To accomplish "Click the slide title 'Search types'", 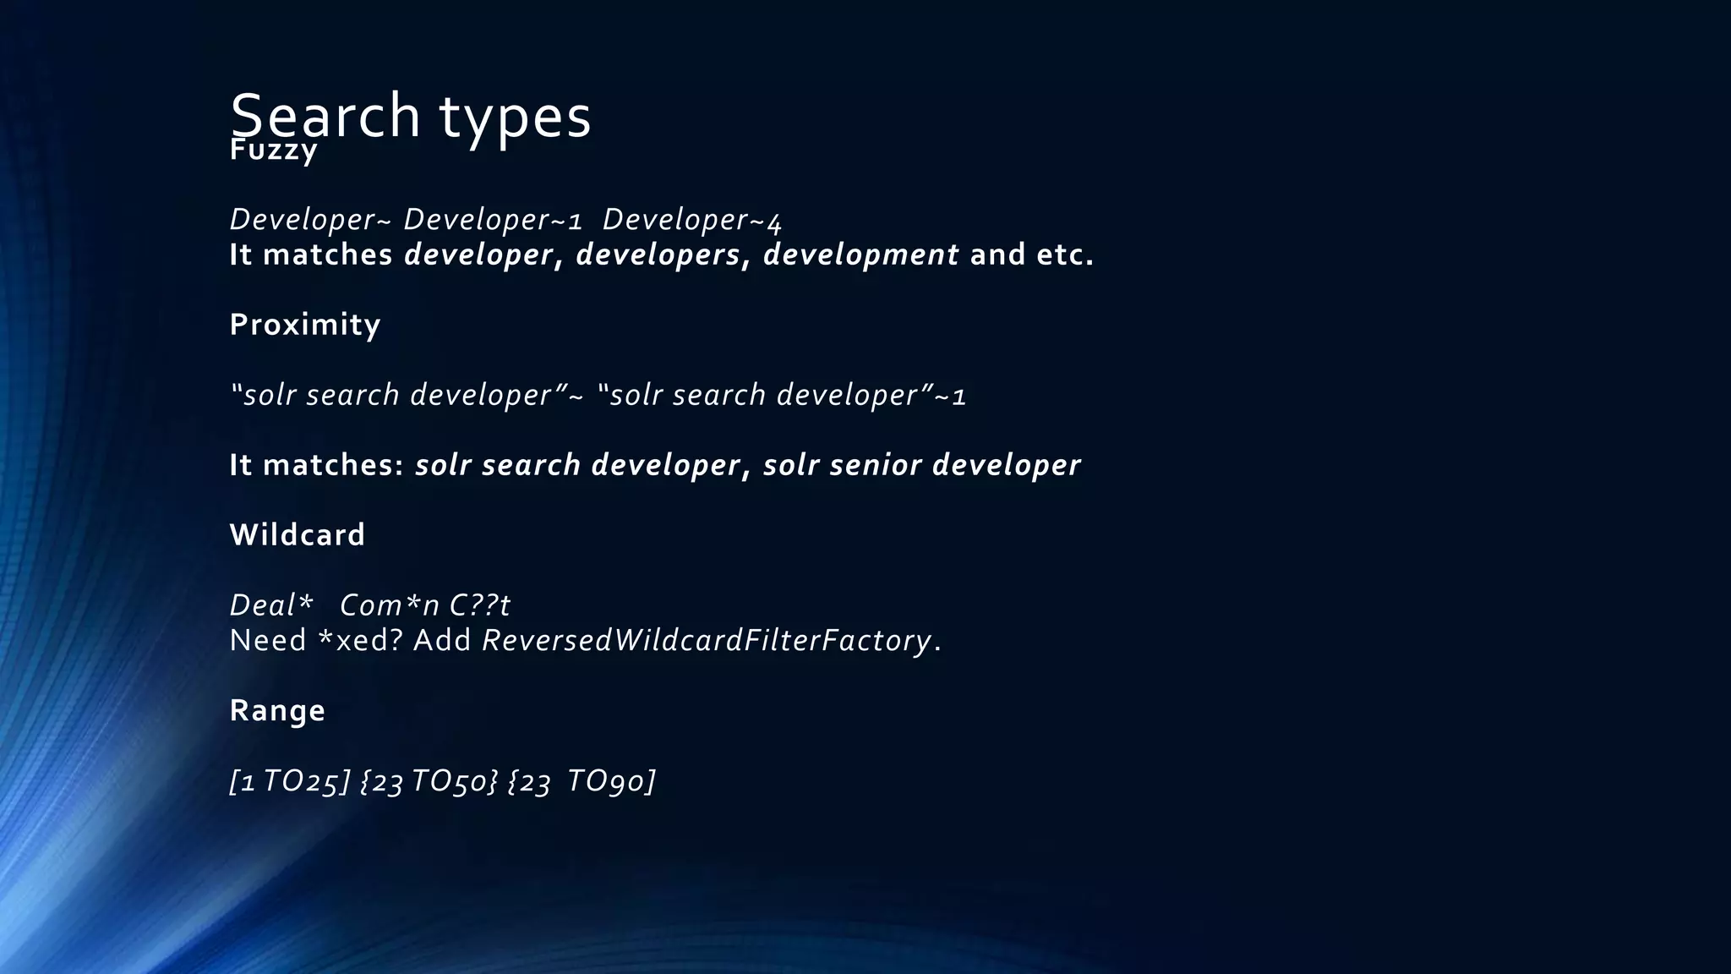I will [x=410, y=115].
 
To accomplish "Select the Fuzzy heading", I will [x=273, y=151].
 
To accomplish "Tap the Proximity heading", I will [x=305, y=325].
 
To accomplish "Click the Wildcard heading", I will [x=298, y=535].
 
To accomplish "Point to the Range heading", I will [x=277, y=710].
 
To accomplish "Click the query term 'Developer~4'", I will [x=692, y=220].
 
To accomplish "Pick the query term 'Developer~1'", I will [x=493, y=220].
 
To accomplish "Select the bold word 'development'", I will [x=860, y=254].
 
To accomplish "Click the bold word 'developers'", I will [x=658, y=254].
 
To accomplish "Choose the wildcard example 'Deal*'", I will [x=271, y=605].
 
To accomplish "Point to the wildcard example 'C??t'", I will [x=479, y=605].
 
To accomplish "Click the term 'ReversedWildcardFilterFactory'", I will [x=707, y=641].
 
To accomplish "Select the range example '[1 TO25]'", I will [x=289, y=781].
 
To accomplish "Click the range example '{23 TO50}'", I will [x=429, y=781].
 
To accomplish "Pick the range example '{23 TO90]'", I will [x=582, y=781].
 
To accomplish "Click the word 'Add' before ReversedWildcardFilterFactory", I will [x=442, y=641].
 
